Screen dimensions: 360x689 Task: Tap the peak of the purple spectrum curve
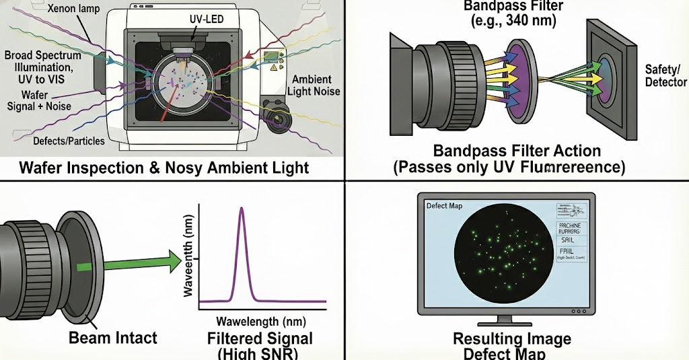click(242, 209)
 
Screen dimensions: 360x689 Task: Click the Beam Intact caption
click(112, 338)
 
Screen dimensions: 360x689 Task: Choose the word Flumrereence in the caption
click(576, 168)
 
